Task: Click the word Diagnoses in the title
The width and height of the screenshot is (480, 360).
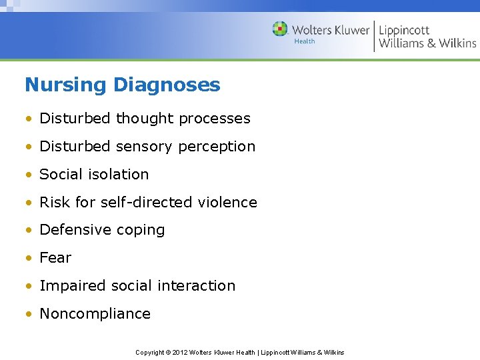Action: (x=166, y=85)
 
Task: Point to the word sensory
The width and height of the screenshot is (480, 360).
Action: (x=137, y=147)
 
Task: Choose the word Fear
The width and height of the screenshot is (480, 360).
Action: (x=55, y=258)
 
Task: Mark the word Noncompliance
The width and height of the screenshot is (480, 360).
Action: (x=95, y=314)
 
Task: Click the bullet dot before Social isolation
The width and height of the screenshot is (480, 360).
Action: (x=29, y=175)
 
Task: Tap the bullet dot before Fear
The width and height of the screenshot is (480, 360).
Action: (x=29, y=259)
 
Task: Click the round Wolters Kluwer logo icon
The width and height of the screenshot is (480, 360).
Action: (x=281, y=29)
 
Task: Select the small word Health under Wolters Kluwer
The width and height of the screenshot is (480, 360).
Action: (x=304, y=41)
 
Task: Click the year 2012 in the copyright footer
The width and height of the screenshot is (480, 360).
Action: (x=180, y=352)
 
